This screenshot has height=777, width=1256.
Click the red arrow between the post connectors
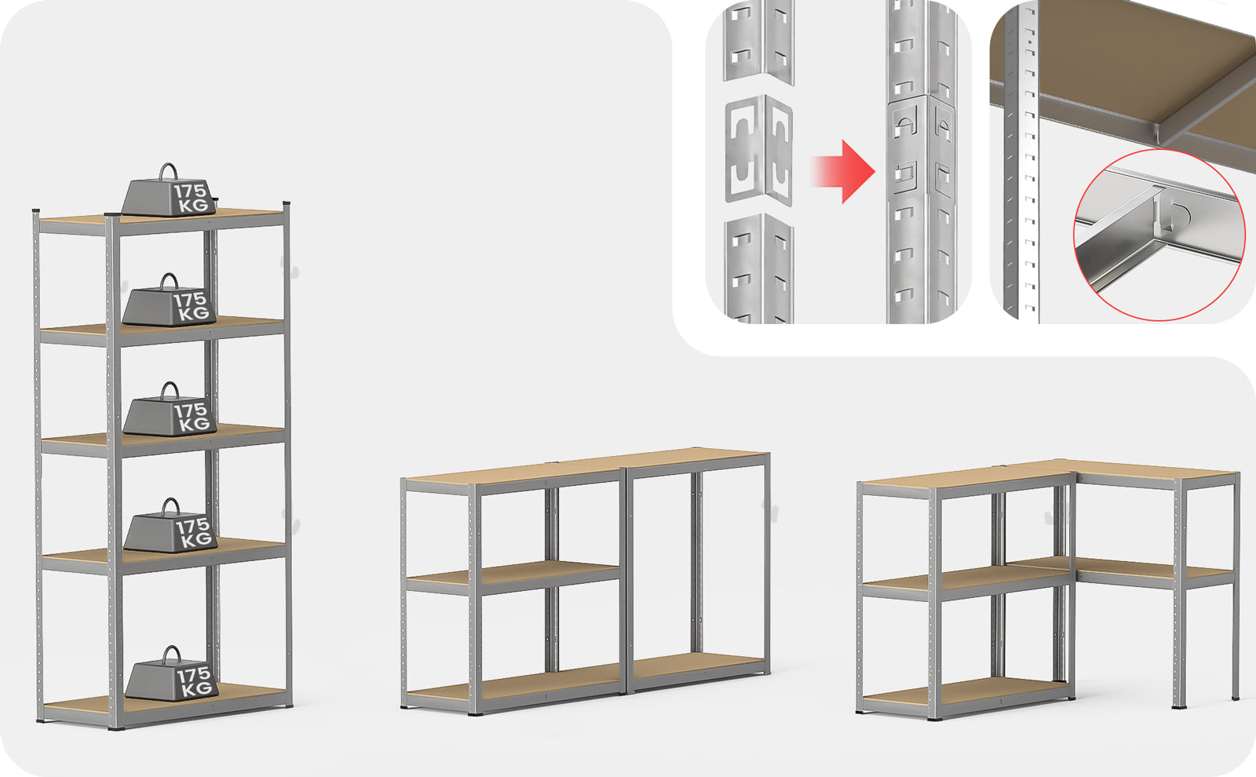coord(843,172)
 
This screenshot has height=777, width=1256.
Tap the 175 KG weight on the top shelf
coord(169,192)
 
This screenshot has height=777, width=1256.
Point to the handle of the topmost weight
coord(168,171)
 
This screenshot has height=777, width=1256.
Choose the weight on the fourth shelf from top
coord(170,526)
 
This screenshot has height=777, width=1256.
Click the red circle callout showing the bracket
coord(1159,235)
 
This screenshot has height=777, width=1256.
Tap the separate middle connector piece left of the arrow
coord(758,150)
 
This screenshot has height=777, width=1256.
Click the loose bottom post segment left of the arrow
coord(758,268)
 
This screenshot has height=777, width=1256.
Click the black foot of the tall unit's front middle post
coord(117,728)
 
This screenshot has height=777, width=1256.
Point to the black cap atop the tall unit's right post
coord(287,203)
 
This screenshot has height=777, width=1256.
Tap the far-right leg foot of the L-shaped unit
coord(1236,698)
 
